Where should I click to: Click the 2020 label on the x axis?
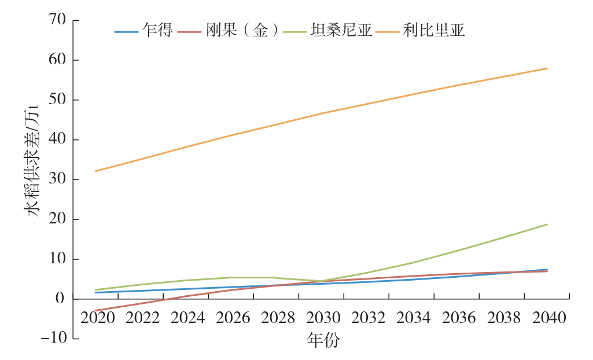tap(95, 318)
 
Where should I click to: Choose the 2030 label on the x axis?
tap(321, 318)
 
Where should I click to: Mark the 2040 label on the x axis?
tap(547, 318)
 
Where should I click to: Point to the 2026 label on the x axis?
tap(231, 318)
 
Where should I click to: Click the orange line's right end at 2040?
tap(547, 68)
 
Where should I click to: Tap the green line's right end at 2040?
tap(547, 224)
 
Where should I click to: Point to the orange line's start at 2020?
tap(95, 171)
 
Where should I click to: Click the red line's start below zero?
tap(95, 311)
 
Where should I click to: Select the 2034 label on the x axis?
tap(411, 318)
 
